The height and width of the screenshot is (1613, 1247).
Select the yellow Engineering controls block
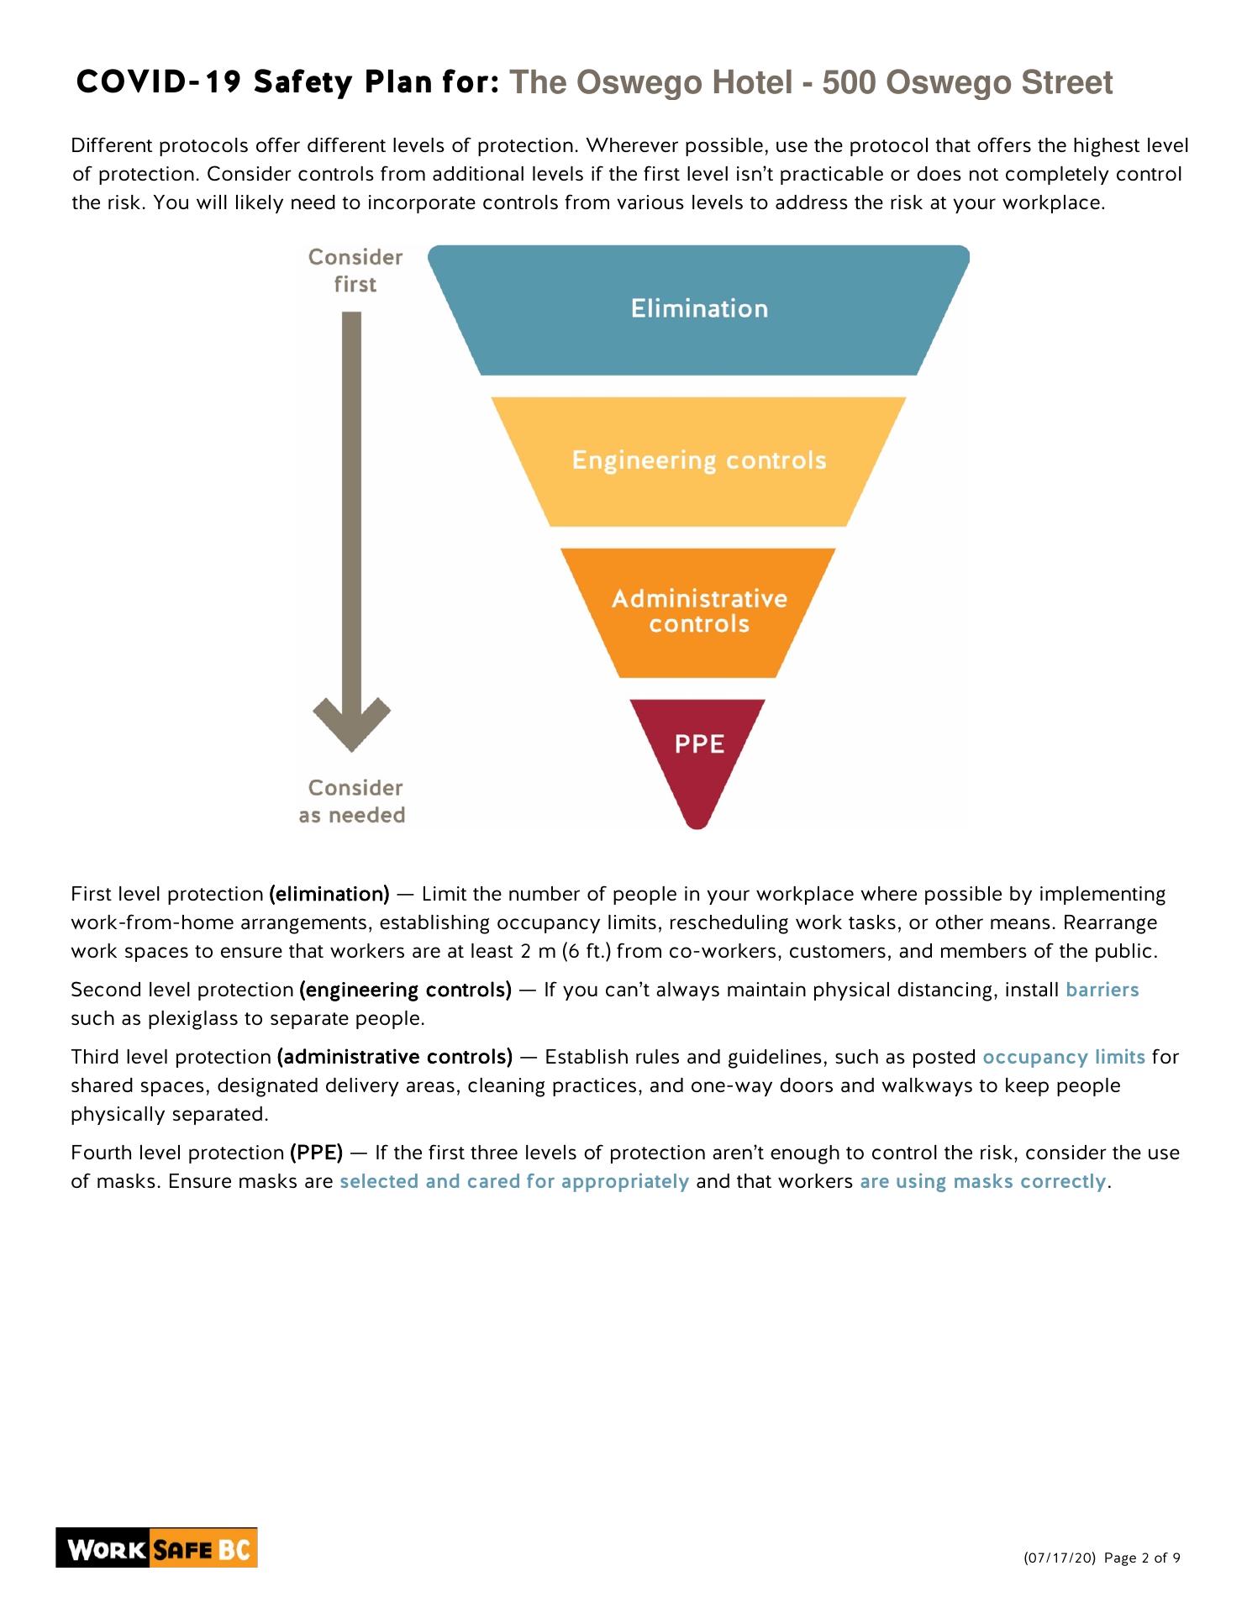698,461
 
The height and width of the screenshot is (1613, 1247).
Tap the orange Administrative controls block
698,612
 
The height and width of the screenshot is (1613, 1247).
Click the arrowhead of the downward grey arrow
351,723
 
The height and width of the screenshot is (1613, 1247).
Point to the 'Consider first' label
355,271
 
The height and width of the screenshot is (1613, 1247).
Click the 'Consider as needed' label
353,801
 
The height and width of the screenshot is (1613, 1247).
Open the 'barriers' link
1102,990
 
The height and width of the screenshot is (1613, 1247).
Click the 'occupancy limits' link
1063,1057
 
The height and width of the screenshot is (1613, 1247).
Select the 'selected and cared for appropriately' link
513,1181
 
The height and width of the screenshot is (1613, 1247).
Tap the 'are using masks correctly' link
982,1181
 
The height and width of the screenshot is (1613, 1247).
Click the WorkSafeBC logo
157,1548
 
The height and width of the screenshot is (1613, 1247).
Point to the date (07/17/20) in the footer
1059,1558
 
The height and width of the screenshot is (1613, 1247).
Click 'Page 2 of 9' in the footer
1142,1558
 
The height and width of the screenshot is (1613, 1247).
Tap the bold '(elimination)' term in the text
329,894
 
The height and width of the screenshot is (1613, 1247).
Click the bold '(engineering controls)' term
405,990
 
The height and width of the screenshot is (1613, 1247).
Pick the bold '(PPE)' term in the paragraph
316,1153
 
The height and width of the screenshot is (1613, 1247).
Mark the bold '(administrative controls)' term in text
394,1057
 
